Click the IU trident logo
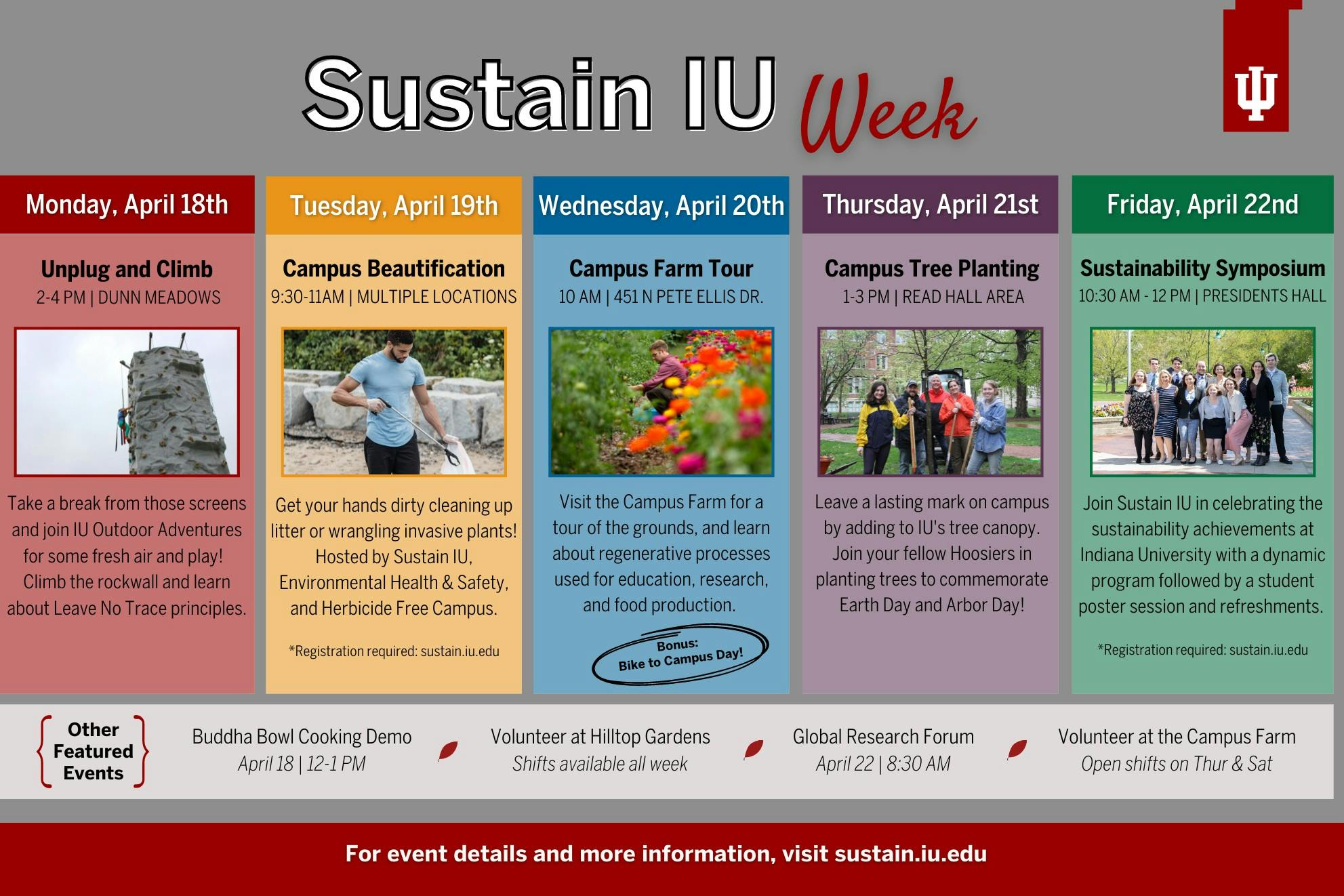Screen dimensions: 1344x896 [x=1256, y=95]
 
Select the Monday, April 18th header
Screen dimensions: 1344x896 [x=127, y=205]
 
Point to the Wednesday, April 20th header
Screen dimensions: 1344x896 [x=661, y=205]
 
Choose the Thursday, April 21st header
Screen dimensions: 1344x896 [x=931, y=205]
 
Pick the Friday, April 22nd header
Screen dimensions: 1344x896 [x=1202, y=205]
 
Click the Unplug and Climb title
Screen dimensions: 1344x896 [x=127, y=269]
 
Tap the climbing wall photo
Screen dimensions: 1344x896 [x=127, y=402]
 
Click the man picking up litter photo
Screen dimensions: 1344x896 [x=394, y=402]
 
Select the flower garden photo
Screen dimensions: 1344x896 [x=661, y=402]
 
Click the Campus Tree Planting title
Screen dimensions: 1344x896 [x=932, y=268]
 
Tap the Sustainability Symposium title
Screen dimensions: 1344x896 [x=1202, y=268]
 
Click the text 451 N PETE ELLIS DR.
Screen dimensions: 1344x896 [x=689, y=297]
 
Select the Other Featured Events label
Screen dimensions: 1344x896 [x=94, y=751]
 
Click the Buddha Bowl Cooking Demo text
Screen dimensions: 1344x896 [x=302, y=737]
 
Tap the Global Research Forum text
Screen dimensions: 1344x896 [x=883, y=737]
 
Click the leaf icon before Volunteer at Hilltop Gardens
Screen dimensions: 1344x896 [x=448, y=750]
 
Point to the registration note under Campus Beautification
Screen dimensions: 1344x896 [x=394, y=651]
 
